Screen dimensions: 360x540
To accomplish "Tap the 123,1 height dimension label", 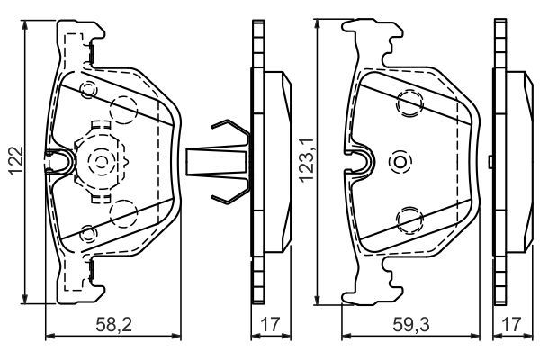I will pyautogui.click(x=305, y=163).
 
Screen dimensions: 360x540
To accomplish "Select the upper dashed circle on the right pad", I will pyautogui.click(x=410, y=104).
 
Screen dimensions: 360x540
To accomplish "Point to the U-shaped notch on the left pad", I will pyautogui.click(x=61, y=162).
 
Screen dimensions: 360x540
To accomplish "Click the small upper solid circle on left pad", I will pyautogui.click(x=87, y=91).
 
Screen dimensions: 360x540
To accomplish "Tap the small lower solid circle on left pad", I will pyautogui.click(x=87, y=233).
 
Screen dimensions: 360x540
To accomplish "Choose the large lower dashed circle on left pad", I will pyautogui.click(x=121, y=214).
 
